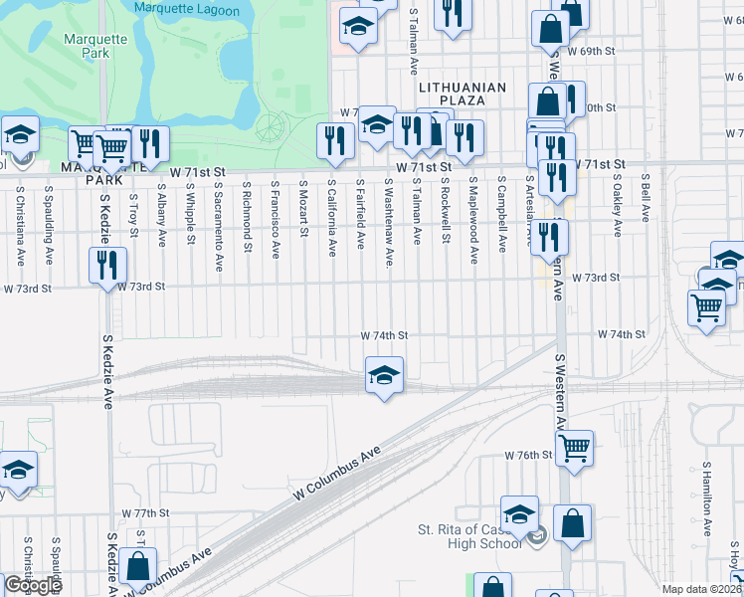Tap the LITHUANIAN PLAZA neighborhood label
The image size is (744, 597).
463,94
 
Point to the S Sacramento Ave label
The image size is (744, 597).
218,225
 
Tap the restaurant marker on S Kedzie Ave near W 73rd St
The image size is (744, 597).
107,266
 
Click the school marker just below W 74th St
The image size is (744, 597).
384,375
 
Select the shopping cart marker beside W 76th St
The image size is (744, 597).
575,449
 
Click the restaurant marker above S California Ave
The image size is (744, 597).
335,139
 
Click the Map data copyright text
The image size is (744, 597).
700,589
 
